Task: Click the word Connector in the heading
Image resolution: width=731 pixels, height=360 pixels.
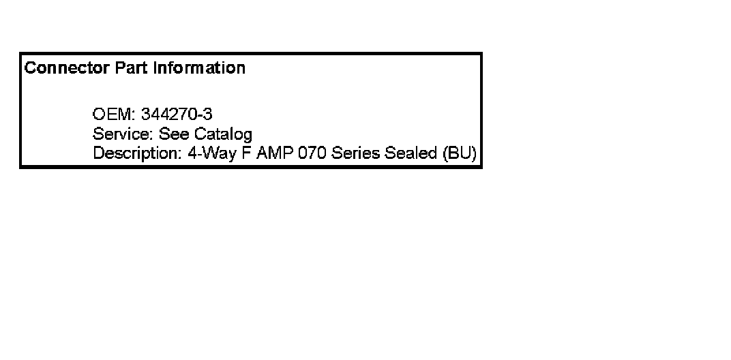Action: coord(67,68)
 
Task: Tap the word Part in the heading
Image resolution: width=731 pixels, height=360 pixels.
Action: coord(132,68)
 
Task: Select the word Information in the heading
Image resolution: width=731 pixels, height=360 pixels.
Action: coord(199,68)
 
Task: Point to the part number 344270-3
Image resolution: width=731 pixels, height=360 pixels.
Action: coord(177,115)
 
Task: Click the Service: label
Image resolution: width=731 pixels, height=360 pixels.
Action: coord(123,134)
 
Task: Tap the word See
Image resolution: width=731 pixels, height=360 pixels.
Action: coord(174,134)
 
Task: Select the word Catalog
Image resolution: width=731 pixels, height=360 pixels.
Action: coord(223,135)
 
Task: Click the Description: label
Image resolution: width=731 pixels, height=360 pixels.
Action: coord(138,153)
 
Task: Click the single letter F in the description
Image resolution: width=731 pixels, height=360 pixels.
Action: coord(247,153)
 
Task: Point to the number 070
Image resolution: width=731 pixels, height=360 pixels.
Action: coord(312,153)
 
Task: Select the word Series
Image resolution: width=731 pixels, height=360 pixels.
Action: coord(355,153)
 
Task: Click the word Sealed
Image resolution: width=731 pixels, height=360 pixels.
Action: coord(411,153)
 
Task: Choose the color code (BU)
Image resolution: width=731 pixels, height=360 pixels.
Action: coord(460,153)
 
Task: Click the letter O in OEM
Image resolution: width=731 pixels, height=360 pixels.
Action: coord(99,115)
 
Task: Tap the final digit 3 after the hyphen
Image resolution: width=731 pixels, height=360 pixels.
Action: coord(208,115)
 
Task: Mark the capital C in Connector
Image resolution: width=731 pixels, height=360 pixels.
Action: coord(30,68)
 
